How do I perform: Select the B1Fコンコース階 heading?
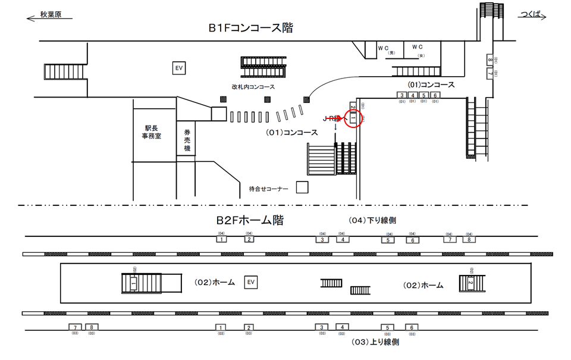coord(250,28)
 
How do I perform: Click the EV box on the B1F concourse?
coord(178,68)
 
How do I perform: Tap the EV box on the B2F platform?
coord(251,281)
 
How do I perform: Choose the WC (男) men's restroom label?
coord(384,48)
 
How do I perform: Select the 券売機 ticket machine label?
coord(187,140)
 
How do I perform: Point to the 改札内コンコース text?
coord(253,87)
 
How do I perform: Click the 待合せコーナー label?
coord(268,189)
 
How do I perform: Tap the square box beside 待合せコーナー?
coord(302,187)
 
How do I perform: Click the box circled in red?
coord(353,118)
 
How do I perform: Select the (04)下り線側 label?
coord(372,220)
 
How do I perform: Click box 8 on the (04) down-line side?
coord(469,239)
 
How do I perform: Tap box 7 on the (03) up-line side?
coord(75,327)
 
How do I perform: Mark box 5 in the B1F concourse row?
coord(423,95)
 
